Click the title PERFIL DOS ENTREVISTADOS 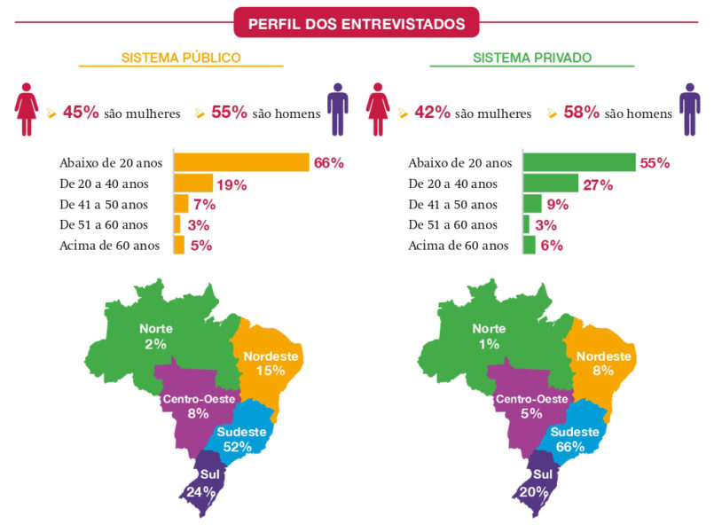[x=356, y=23]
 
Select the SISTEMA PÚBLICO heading [x=181, y=58]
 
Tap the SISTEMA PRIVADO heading [x=532, y=58]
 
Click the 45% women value [x=80, y=113]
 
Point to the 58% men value [x=582, y=113]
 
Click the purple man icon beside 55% [x=337, y=109]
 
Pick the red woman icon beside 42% [x=379, y=109]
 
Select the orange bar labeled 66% [x=241, y=162]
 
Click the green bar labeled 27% [x=550, y=184]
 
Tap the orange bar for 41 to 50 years [x=181, y=204]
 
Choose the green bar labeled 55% [x=579, y=162]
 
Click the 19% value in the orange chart [x=232, y=184]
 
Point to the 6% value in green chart [x=552, y=246]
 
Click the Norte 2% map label [x=156, y=336]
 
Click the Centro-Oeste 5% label [x=531, y=406]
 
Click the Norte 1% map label [x=489, y=336]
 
